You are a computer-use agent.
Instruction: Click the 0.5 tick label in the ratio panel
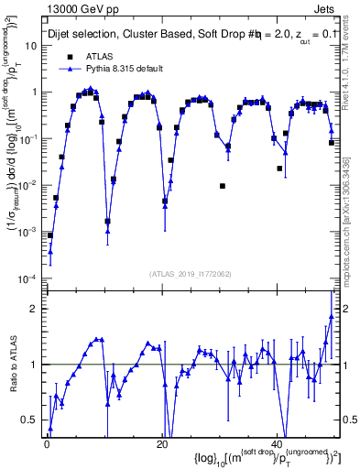click(x=31, y=420)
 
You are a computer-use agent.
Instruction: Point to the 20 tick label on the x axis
click(x=162, y=445)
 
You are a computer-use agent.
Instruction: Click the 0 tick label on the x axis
click(x=46, y=445)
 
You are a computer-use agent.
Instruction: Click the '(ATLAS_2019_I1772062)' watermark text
click(x=191, y=274)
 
